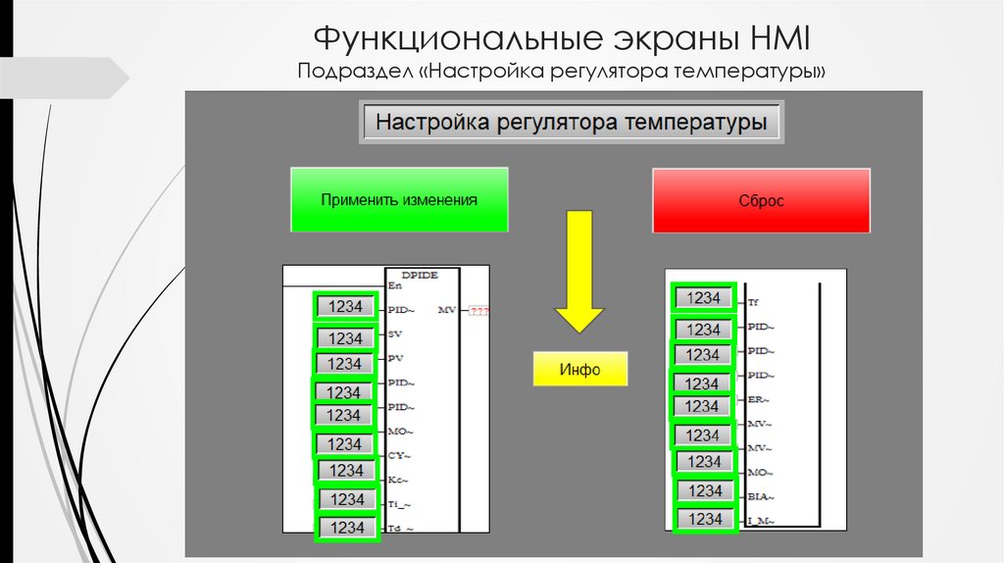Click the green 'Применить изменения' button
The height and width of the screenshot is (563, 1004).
(x=399, y=199)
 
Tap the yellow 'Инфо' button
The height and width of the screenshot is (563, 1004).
(x=579, y=370)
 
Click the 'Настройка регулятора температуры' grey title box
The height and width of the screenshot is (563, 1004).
(x=572, y=125)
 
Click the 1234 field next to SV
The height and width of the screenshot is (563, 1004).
(x=345, y=338)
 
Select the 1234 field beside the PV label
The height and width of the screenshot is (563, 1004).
(x=345, y=364)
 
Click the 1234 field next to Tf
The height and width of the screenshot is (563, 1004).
(x=704, y=297)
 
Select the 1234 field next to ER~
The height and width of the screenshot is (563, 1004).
(x=702, y=406)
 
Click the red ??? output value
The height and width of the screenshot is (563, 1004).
(x=478, y=312)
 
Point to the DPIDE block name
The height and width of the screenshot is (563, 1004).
(x=422, y=276)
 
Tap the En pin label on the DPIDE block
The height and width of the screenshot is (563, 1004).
(x=394, y=286)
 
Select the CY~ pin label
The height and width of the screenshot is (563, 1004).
(x=398, y=455)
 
